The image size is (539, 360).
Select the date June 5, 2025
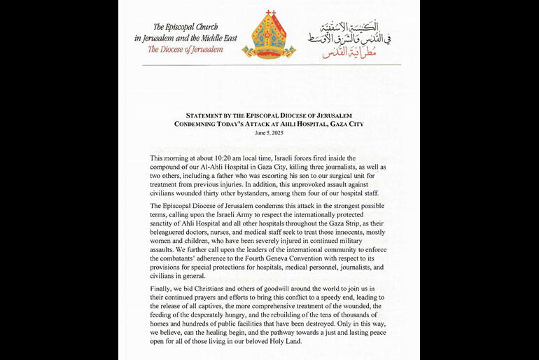click(269, 132)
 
